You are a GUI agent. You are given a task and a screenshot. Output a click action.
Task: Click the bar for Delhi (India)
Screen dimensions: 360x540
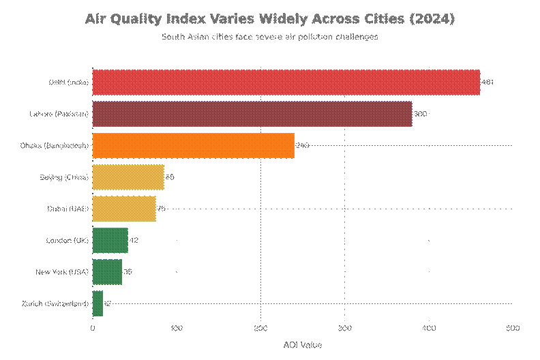286,82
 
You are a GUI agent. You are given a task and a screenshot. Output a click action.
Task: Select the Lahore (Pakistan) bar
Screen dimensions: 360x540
252,114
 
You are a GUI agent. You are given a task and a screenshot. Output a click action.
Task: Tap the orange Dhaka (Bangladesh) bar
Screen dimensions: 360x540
193,145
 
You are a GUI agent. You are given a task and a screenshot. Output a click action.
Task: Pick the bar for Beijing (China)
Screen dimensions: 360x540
127,177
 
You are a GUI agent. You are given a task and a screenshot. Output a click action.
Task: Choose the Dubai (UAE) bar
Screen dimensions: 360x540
123,209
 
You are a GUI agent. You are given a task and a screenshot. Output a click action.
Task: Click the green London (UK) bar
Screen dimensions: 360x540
110,240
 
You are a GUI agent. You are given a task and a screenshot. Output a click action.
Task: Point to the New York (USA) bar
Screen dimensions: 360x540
107,271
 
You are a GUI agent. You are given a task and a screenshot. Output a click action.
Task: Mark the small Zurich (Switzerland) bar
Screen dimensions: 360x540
97,303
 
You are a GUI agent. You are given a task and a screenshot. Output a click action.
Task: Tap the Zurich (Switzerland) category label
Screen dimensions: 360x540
55,303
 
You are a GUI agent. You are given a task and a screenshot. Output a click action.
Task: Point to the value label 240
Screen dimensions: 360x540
302,146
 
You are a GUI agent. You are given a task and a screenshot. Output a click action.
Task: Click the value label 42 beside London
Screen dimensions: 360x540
134,241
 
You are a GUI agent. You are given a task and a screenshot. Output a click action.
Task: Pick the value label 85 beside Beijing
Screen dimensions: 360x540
170,177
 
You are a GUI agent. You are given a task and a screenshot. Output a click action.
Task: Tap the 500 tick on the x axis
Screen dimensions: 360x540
512,329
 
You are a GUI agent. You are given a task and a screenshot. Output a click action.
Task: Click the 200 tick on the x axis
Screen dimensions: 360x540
260,329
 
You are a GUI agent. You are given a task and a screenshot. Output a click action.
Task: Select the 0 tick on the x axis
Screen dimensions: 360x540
93,329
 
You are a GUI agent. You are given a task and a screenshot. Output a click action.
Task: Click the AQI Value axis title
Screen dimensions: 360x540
302,345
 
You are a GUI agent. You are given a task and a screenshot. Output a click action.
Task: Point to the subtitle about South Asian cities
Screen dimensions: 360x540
269,37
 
